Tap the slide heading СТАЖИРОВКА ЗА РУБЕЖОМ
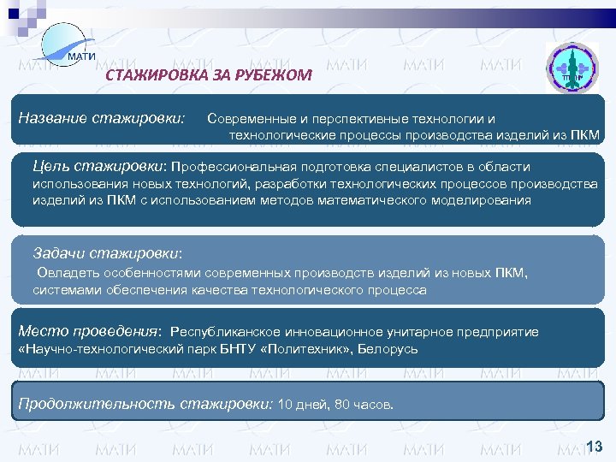point(209,76)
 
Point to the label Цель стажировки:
point(99,165)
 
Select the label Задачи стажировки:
point(108,253)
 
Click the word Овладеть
point(69,274)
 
